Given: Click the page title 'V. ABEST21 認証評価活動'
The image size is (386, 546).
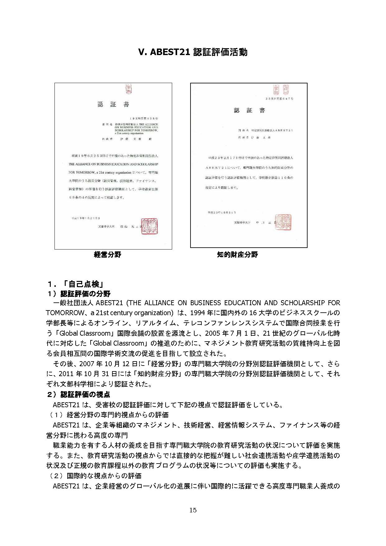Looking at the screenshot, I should click(x=193, y=52).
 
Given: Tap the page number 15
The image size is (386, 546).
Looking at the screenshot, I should click(x=193, y=510).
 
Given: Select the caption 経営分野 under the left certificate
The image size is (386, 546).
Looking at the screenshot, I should click(x=107, y=255).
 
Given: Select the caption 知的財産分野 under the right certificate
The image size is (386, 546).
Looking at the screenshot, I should click(x=238, y=255).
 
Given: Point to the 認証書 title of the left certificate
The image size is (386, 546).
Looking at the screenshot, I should click(x=113, y=105).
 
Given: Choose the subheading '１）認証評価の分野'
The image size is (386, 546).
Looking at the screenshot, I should click(x=79, y=294).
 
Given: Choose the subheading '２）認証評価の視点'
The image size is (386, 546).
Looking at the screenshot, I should click(x=79, y=394).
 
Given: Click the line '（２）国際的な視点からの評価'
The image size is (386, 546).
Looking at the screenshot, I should click(x=95, y=476).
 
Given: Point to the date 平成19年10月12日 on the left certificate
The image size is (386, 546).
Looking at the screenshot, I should click(x=86, y=218).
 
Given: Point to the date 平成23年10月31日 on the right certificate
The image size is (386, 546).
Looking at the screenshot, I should click(x=222, y=212).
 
